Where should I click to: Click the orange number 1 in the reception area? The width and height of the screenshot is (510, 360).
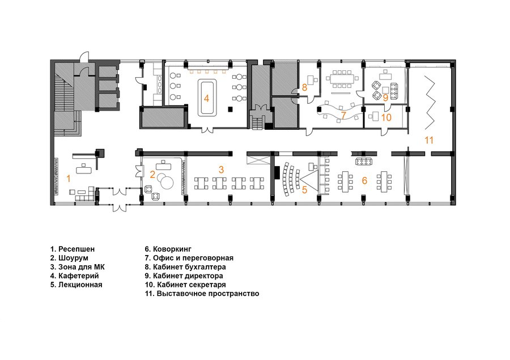click(69, 179)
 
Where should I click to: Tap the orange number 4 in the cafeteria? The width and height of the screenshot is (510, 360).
click(206, 98)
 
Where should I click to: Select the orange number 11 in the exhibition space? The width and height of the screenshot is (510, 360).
click(429, 140)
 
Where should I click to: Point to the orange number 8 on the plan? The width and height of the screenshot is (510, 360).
click(304, 87)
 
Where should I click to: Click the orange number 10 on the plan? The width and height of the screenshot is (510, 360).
click(386, 117)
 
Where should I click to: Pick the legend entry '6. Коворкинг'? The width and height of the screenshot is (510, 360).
click(168, 249)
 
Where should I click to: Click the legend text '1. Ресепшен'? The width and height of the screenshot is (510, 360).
click(73, 249)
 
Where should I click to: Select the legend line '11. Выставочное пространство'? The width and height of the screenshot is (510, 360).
click(202, 294)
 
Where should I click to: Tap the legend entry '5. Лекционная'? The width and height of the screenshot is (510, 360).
click(76, 285)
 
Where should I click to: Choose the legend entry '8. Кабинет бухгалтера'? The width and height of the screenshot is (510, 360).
click(185, 267)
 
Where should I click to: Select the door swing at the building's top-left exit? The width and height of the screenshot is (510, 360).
click(84, 56)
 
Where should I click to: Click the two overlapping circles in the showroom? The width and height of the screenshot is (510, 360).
click(166, 181)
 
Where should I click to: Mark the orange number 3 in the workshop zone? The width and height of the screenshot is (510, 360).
click(221, 170)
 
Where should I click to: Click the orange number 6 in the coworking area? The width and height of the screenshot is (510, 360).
click(364, 180)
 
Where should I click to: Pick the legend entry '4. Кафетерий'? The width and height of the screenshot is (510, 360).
click(74, 276)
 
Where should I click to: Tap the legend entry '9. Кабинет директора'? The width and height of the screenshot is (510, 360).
click(184, 276)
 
